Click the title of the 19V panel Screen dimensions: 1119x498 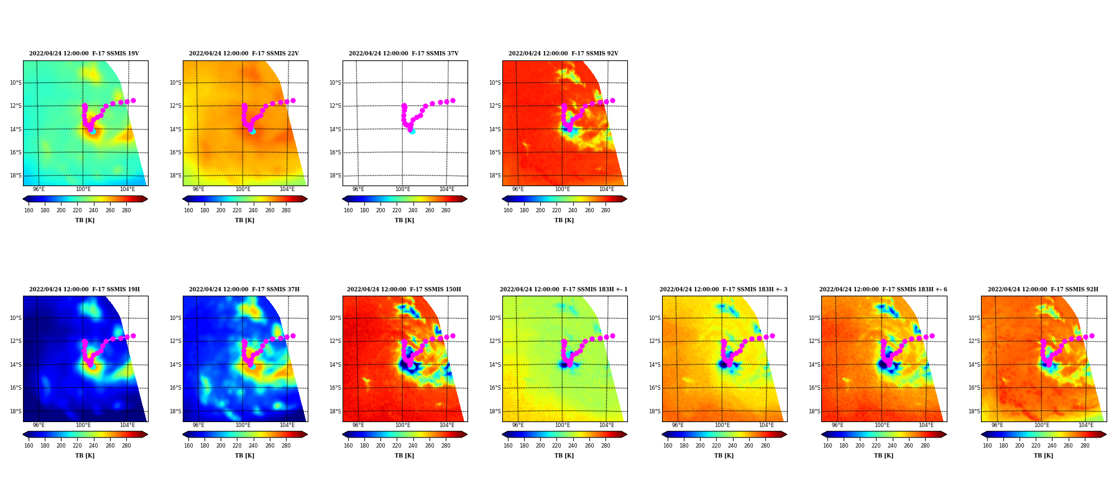(84, 54)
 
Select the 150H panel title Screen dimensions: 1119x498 (404, 289)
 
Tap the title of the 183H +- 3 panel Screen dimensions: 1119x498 (724, 289)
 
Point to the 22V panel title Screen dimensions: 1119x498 (244, 54)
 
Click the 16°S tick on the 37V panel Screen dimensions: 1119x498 (335, 153)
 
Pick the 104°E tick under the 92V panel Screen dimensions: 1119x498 (607, 189)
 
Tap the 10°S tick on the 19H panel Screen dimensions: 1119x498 (16, 318)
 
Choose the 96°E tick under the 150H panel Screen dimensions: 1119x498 (358, 425)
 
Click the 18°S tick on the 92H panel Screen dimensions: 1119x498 (974, 411)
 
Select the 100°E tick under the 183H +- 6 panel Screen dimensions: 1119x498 (882, 425)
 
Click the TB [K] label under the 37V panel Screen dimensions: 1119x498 (404, 220)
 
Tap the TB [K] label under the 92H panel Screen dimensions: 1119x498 (1043, 456)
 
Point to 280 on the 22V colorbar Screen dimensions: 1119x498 (286, 210)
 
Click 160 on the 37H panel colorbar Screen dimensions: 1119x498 (188, 446)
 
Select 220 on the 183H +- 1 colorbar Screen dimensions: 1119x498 (556, 446)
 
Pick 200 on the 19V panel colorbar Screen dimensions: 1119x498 (61, 210)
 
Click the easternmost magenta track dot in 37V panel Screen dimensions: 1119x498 (453, 100)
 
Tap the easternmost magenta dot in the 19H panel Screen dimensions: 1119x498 (133, 336)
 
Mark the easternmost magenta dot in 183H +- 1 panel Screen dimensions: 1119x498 (612, 336)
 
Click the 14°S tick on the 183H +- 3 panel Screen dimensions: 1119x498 (655, 365)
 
